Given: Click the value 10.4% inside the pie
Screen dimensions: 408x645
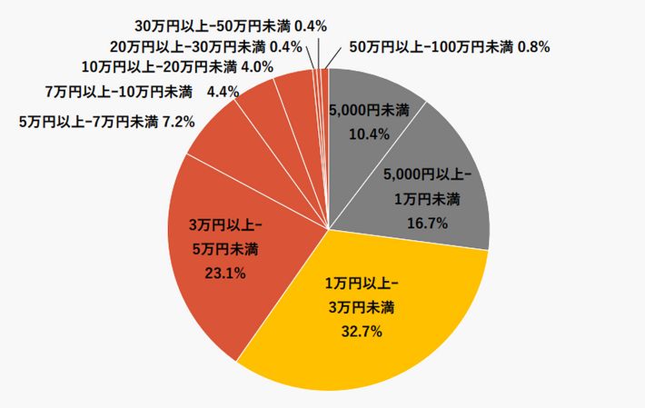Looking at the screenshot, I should tap(370, 134).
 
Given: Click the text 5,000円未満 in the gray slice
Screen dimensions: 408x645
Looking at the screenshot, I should tap(369, 110).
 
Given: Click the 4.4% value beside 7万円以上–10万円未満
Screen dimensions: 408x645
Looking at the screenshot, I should tap(223, 92).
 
